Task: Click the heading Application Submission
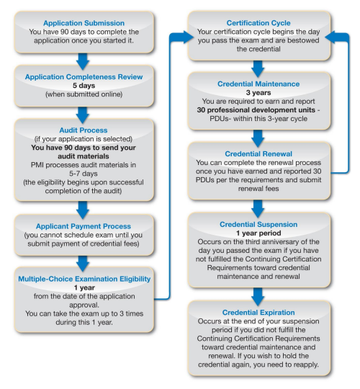[x=84, y=23]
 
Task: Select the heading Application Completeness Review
[x=84, y=77]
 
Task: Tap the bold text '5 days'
[x=84, y=86]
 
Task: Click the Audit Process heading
[x=84, y=130]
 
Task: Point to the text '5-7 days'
[x=84, y=174]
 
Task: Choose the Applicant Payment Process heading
[x=84, y=226]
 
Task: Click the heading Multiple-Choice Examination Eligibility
[x=84, y=279]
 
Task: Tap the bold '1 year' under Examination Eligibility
[x=84, y=287]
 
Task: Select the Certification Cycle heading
[x=258, y=23]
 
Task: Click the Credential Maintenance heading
[x=258, y=84]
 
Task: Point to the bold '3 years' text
[x=258, y=92]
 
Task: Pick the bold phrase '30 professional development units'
[x=256, y=110]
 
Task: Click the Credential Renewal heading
[x=258, y=154]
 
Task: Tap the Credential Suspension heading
[x=258, y=224]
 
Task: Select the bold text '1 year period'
[x=258, y=233]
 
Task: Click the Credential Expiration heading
[x=258, y=313]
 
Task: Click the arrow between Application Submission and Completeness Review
[x=83, y=61]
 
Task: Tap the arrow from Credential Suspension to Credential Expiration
[x=258, y=297]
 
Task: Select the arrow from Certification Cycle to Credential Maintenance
[x=258, y=68]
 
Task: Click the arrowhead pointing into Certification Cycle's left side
[x=188, y=37]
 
